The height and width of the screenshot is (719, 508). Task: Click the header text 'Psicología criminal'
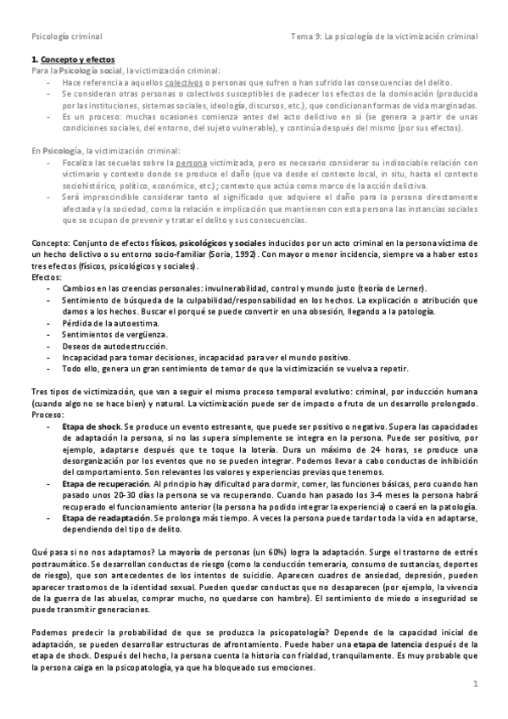coord(66,36)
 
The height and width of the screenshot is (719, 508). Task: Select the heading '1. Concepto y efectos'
coord(67,61)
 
